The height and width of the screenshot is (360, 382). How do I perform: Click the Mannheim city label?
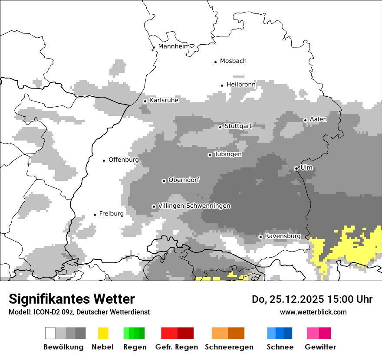[x=174, y=46]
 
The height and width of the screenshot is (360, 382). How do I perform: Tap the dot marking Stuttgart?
[x=220, y=127]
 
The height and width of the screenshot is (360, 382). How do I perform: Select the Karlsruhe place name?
[x=164, y=100]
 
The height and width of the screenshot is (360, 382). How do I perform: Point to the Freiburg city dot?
[x=95, y=215]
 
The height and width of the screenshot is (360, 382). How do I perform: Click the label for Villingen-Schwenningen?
[x=194, y=206]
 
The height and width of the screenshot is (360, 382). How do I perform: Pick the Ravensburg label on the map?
[x=283, y=236]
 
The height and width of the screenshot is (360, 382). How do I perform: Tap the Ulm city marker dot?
[x=296, y=168]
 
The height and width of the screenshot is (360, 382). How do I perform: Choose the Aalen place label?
[x=318, y=119]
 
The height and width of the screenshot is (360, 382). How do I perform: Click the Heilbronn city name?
[x=241, y=85]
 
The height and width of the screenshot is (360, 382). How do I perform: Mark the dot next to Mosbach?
[x=215, y=62]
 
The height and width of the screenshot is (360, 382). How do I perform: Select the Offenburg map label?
[x=124, y=160]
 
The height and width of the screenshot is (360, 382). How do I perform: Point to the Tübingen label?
[x=228, y=154]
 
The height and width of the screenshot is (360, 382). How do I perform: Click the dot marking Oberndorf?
[x=164, y=181]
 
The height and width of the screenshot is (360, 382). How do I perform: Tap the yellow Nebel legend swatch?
[x=103, y=333]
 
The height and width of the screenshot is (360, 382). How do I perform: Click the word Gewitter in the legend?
[x=320, y=347]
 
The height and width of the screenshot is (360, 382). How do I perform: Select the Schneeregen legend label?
[x=229, y=347]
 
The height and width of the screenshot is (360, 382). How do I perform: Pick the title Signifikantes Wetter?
[x=72, y=299]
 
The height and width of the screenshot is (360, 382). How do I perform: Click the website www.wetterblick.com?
[x=313, y=312]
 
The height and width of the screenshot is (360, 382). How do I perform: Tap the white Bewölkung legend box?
[x=50, y=333]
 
